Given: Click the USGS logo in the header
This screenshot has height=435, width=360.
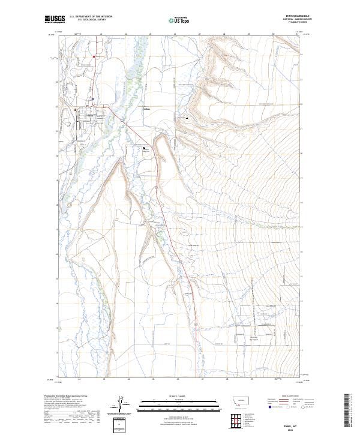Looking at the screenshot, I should click(x=56, y=19).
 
